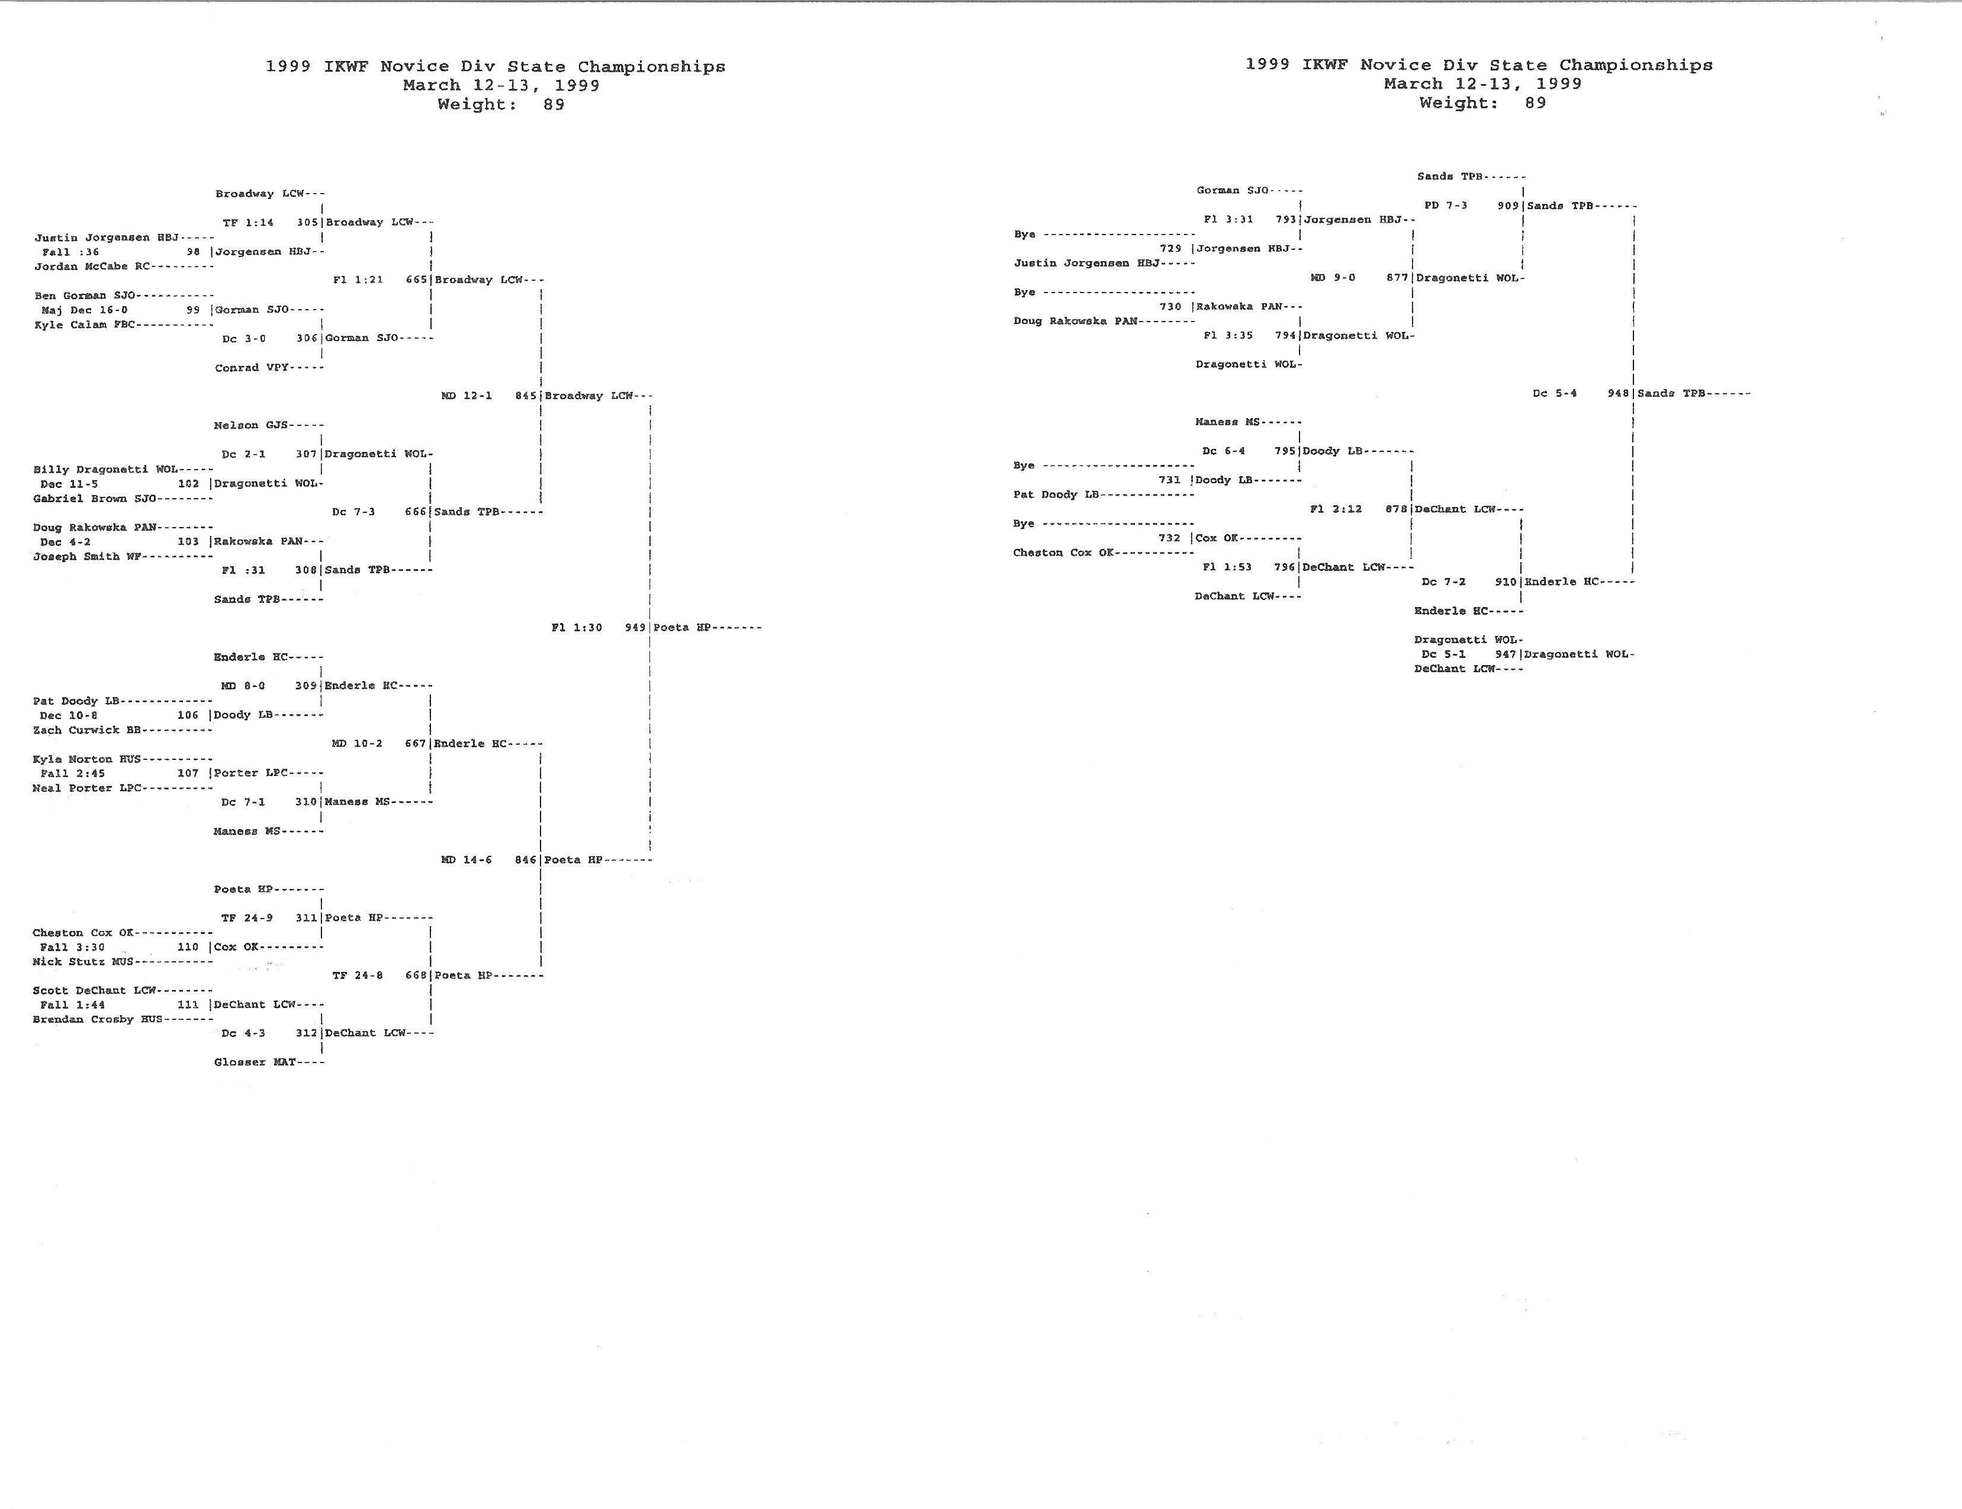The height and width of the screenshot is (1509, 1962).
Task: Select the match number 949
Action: tap(635, 628)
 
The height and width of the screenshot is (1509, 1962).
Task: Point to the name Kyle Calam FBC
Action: tap(85, 325)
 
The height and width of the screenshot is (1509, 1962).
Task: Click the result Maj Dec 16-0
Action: tap(85, 310)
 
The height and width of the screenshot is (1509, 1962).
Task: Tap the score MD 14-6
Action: tap(466, 859)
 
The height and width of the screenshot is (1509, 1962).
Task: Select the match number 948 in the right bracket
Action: tap(1618, 393)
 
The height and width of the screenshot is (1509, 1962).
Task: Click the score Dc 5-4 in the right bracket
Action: tap(1554, 393)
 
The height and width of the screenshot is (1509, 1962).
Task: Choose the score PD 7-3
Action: tap(1446, 206)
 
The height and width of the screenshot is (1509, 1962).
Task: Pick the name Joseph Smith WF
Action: tap(87, 556)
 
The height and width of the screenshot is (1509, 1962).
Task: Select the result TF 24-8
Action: tap(358, 975)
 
